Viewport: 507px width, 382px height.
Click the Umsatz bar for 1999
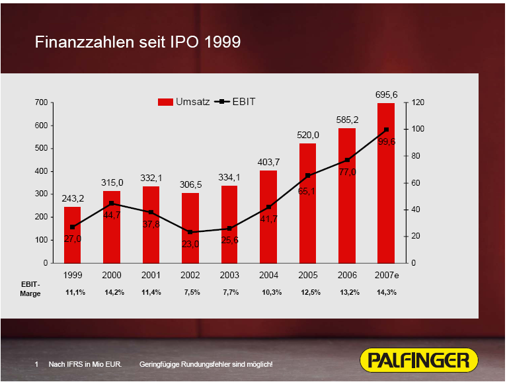(x=73, y=235)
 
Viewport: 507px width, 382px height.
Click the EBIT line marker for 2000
(x=112, y=203)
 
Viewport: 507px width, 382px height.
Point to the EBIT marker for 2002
(x=190, y=232)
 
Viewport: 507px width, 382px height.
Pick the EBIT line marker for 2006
(x=347, y=160)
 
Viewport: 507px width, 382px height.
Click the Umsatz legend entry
(x=184, y=102)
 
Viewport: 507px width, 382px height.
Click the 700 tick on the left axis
(x=41, y=102)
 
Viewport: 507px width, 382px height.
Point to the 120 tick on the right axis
(x=417, y=102)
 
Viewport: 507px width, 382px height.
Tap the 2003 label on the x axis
(x=229, y=274)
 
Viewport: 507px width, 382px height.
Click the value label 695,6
(x=386, y=95)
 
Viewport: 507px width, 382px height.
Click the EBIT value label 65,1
(x=307, y=191)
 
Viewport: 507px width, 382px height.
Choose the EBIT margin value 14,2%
(x=114, y=292)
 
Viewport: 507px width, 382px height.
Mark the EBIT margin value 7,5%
(x=192, y=292)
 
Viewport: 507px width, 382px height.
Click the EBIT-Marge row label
(x=30, y=288)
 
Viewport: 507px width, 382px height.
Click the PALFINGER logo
(x=419, y=360)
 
